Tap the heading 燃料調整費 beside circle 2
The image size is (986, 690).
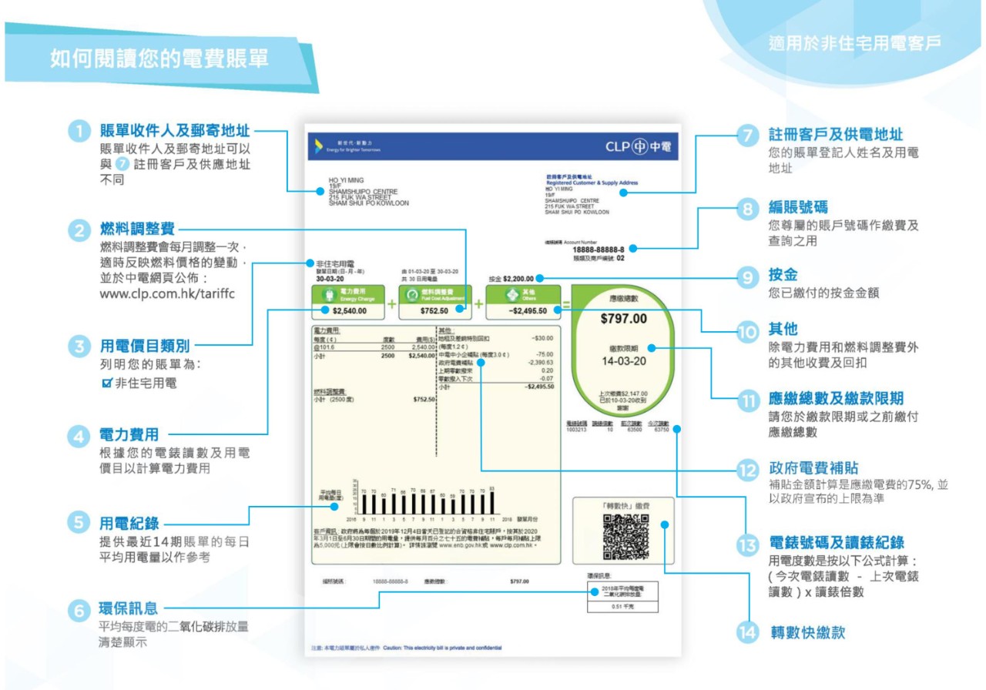[x=137, y=229]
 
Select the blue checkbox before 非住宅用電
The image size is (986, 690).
[x=107, y=382]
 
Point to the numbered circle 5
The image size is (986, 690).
[x=80, y=522]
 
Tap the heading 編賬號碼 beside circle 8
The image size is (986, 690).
[x=798, y=207]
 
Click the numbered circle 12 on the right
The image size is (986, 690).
[x=747, y=469]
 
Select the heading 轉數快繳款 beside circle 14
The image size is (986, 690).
[x=807, y=633]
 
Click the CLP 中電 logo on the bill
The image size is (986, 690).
[x=639, y=146]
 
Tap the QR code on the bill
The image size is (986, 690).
[x=625, y=538]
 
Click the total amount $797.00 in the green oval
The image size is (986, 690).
[x=624, y=319]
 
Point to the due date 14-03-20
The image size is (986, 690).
[x=624, y=360]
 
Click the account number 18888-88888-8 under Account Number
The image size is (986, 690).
[x=598, y=249]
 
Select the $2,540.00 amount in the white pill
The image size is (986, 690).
[x=349, y=311]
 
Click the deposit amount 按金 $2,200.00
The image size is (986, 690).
[x=511, y=278]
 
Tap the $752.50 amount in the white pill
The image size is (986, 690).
[x=435, y=311]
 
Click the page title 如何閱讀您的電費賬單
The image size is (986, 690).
[x=159, y=59]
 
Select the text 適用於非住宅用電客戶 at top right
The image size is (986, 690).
[x=854, y=43]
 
